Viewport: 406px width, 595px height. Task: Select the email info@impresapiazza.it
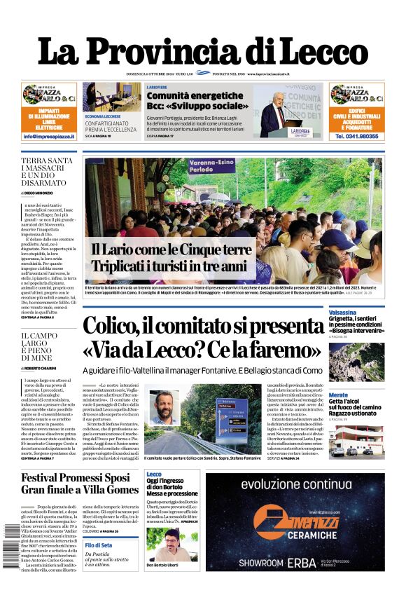[49, 137]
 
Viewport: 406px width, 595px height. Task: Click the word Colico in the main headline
[119, 326]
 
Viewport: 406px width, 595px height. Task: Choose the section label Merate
[338, 395]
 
